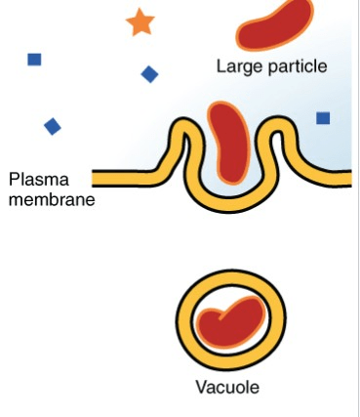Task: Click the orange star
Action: pos(140,22)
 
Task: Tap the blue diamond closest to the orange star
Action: pos(149,74)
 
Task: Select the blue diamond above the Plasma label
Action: pos(53,126)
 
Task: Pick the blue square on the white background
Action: pos(34,60)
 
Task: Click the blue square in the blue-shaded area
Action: pos(323,118)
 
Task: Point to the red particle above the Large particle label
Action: pos(275,24)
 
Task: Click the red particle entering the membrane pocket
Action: pos(229,144)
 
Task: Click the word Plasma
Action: pos(39,180)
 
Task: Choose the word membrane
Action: pos(52,199)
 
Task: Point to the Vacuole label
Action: pos(227,388)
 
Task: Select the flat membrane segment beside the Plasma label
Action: pos(124,179)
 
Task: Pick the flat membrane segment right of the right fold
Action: pos(332,178)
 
